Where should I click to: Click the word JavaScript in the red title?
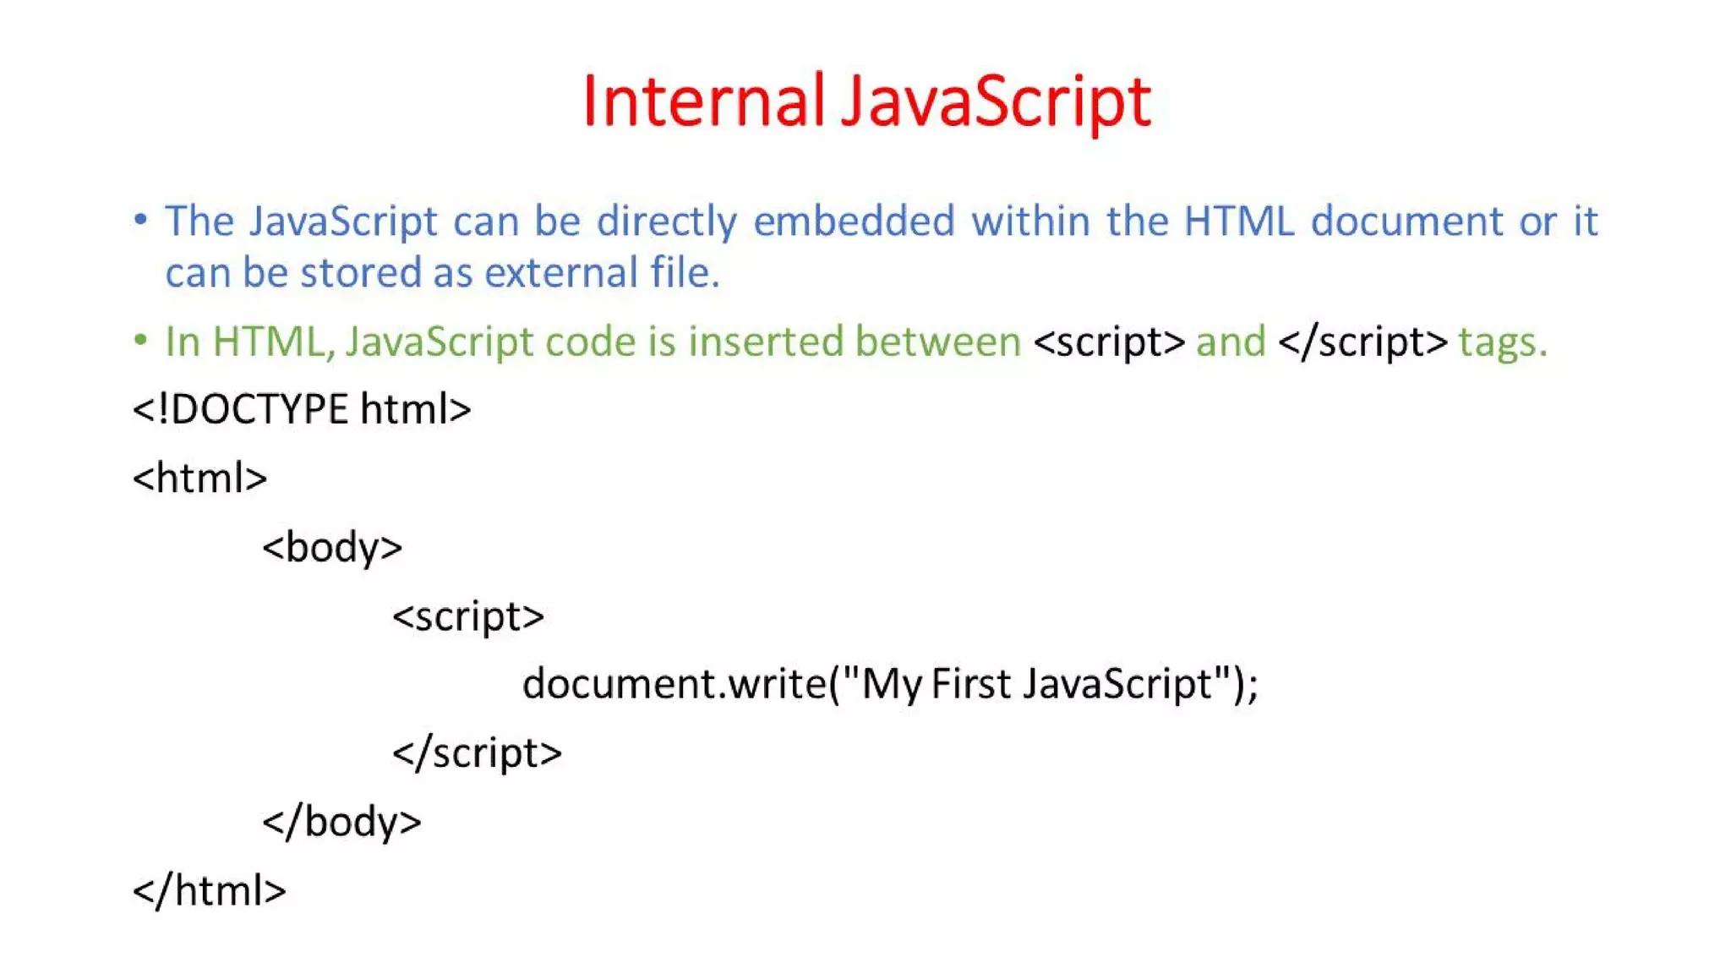(x=996, y=101)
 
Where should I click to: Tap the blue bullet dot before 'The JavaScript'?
(x=140, y=221)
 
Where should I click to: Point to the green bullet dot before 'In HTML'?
(x=140, y=341)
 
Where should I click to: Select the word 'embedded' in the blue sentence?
(x=854, y=222)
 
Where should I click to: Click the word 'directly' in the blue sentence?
(x=667, y=222)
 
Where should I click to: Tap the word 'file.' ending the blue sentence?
(x=685, y=273)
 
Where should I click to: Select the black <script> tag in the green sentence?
(x=1109, y=342)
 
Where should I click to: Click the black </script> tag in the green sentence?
(x=1362, y=342)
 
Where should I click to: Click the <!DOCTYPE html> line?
(x=302, y=409)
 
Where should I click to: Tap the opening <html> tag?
(x=200, y=479)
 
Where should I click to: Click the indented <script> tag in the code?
(x=468, y=616)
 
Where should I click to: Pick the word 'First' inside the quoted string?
(x=970, y=683)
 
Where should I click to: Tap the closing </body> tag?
(x=341, y=822)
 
